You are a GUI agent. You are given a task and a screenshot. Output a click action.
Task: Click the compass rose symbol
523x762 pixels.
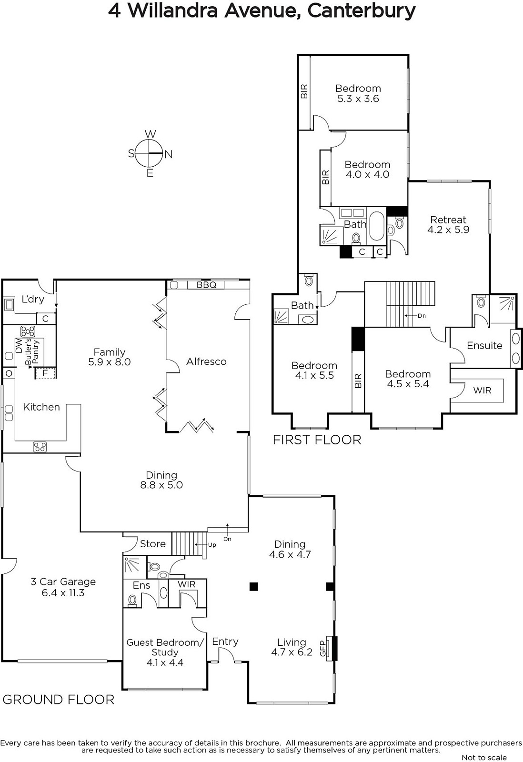pos(150,154)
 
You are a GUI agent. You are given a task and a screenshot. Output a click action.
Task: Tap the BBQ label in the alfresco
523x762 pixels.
pos(206,285)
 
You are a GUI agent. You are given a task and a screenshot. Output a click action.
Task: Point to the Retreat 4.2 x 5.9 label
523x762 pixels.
pos(448,224)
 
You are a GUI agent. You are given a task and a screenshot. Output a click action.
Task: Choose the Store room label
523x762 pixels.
pos(153,544)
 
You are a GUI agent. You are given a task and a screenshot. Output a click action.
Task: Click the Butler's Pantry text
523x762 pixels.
pos(32,352)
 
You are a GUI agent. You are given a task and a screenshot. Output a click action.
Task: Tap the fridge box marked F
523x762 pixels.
pos(45,373)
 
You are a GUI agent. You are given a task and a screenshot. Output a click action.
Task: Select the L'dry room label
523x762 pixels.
pos(33,300)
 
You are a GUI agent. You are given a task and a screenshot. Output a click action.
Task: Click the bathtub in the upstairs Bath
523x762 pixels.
pos(376,226)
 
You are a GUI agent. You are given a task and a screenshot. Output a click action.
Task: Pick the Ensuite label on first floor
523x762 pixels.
pos(484,346)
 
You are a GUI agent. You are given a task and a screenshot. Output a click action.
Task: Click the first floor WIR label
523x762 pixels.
pos(482,390)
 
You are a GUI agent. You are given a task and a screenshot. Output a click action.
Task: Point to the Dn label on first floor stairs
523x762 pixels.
pos(422,316)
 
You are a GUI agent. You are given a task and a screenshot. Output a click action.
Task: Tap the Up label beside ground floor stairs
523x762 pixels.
pos(212,545)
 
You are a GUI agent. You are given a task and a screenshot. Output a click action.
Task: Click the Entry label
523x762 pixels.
pos(225,642)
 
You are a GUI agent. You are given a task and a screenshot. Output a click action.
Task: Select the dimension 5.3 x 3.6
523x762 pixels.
pos(358,99)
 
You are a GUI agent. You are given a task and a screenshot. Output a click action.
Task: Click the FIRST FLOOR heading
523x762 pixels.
pos(317,440)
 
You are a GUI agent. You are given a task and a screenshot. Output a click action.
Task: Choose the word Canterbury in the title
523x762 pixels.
pos(362,11)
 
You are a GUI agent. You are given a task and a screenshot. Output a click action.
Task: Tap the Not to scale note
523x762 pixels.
pos(484,757)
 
